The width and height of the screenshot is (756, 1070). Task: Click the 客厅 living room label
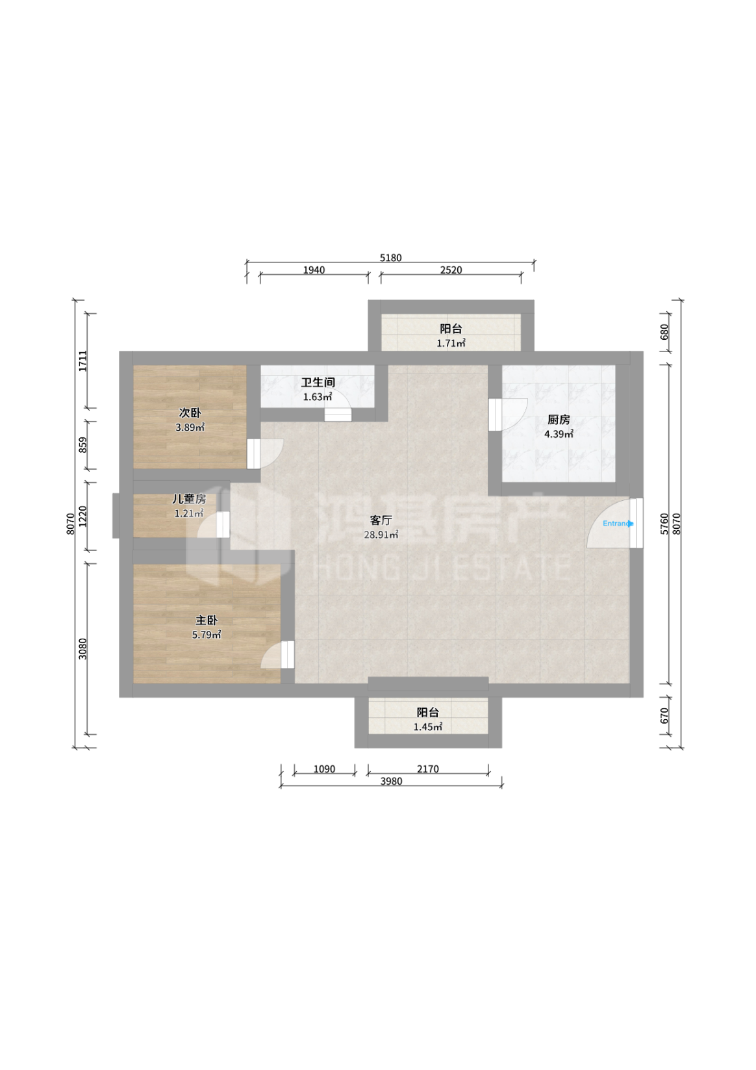381,520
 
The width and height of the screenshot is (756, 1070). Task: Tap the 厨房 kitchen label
559,420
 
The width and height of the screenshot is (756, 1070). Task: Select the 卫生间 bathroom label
318,382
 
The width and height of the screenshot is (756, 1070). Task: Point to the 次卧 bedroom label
190,413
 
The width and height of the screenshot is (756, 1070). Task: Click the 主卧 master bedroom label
207,620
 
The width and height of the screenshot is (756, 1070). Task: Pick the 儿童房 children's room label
189,499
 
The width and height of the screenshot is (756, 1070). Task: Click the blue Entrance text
618,523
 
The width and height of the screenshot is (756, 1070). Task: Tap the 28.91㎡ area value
381,535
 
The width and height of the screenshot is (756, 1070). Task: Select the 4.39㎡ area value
559,434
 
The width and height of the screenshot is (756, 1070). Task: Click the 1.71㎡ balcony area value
451,343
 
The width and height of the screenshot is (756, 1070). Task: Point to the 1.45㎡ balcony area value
427,726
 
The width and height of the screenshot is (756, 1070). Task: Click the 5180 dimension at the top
390,258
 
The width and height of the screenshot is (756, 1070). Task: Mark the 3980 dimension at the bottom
391,781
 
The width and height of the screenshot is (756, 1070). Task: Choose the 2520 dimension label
451,270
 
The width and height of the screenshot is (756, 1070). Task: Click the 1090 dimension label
324,769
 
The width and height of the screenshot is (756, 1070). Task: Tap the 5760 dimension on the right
664,524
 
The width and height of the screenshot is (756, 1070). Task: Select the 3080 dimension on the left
82,648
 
